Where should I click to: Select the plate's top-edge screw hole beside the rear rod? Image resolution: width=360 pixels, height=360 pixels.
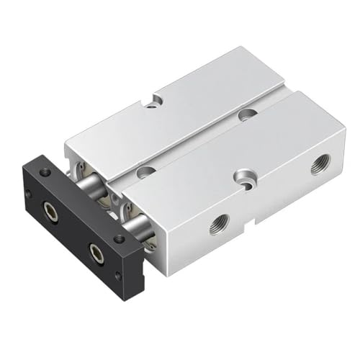click(x=46, y=171)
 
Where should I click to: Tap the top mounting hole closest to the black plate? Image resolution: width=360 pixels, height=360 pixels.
click(x=147, y=171)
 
